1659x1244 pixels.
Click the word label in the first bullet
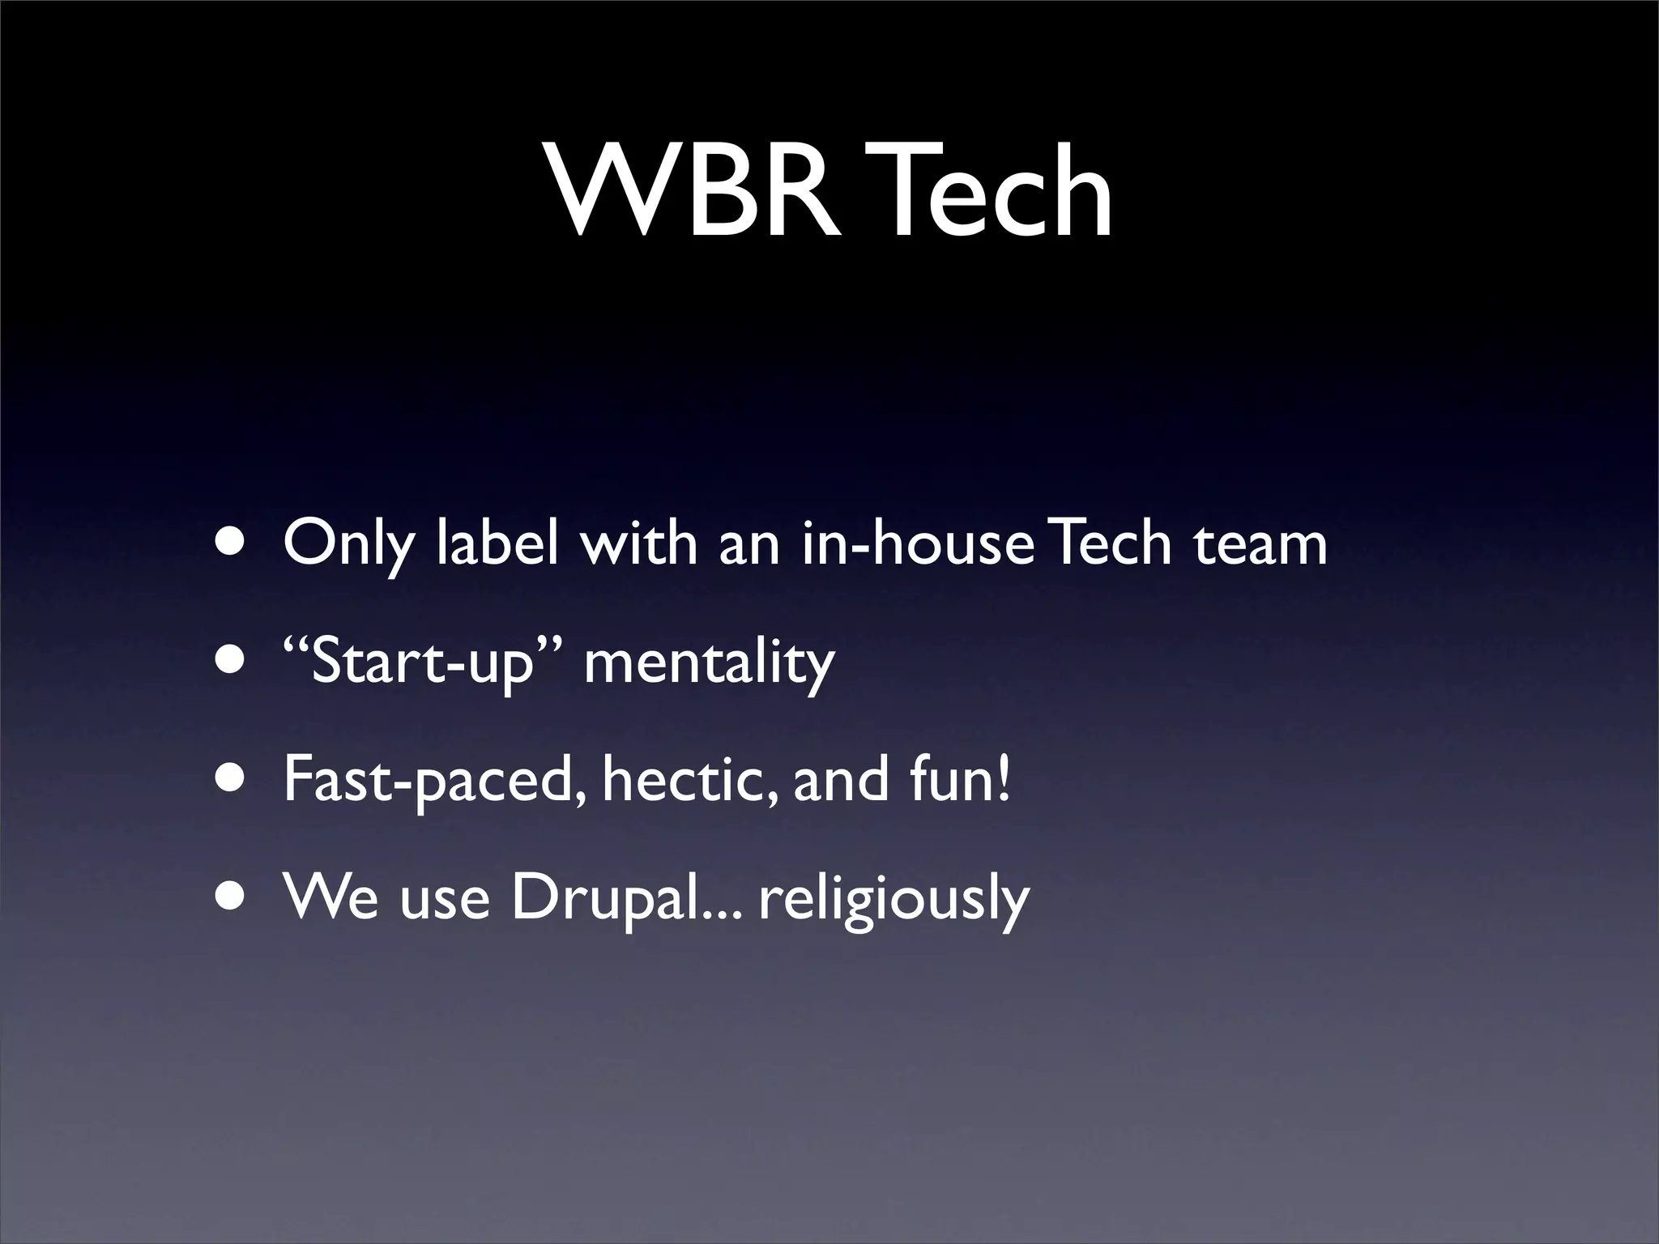click(497, 543)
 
